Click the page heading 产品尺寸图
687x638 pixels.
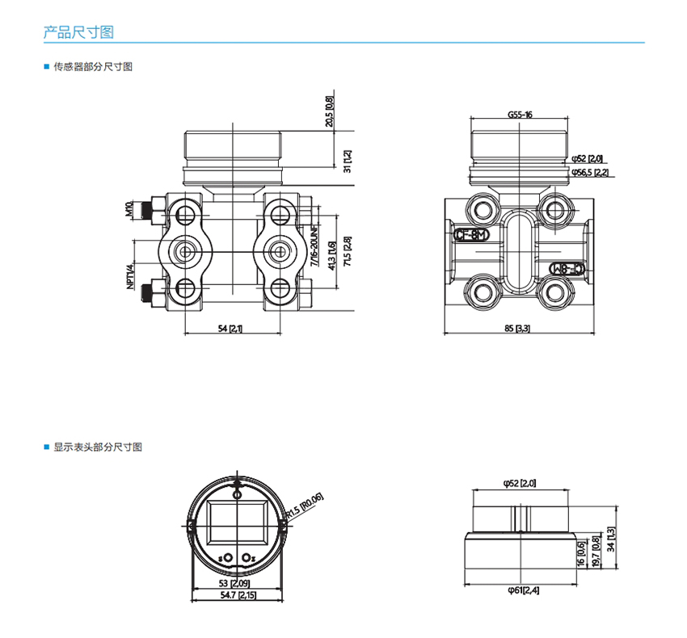[78, 32]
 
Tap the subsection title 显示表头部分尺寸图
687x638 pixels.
[98, 447]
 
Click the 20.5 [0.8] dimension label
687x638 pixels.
[329, 112]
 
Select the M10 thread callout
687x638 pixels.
[129, 210]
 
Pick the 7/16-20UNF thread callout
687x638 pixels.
[314, 248]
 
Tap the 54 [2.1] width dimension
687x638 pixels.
[231, 328]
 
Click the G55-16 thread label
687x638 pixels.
[520, 114]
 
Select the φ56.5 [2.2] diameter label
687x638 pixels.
[589, 172]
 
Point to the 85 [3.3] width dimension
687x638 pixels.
[517, 328]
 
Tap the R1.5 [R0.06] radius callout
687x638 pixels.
[305, 506]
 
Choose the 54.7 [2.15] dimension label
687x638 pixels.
[236, 594]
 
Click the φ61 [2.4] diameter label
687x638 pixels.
[523, 590]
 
